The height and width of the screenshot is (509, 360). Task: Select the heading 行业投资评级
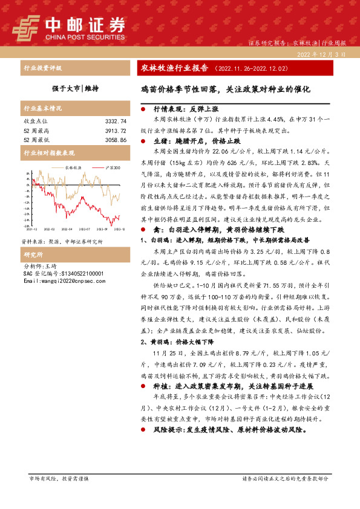click(42, 68)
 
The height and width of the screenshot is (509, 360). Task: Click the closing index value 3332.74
click(115, 122)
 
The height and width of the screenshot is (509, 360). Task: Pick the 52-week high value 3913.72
click(115, 131)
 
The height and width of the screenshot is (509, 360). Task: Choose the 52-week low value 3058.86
click(115, 140)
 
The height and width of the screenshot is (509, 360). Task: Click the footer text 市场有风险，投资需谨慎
click(59, 478)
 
